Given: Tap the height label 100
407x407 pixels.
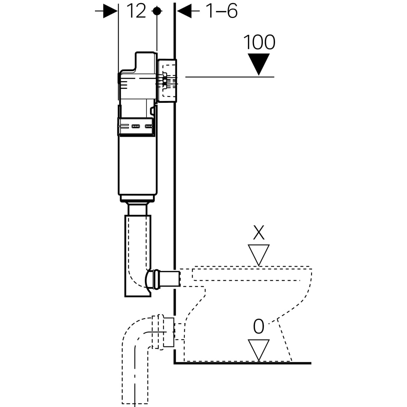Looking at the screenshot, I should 259,42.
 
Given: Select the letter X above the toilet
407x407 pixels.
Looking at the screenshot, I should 259,233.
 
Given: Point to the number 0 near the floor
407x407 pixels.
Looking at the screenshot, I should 258,327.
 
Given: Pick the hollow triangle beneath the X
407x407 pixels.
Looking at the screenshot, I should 259,254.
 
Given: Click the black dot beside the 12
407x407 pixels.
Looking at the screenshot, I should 156,11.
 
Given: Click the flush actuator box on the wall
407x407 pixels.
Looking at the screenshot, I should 167,81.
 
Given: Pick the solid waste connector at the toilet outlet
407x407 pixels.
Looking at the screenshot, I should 169,332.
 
